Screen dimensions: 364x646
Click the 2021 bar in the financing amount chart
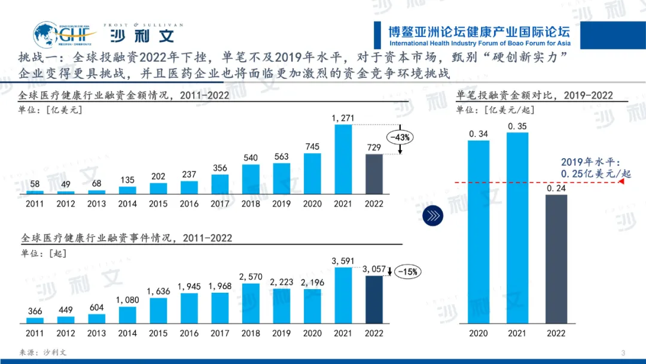coord(343,159)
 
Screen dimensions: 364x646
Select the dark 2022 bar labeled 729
coord(374,174)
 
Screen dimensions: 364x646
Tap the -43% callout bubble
coord(400,137)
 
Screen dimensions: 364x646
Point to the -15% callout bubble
coord(408,271)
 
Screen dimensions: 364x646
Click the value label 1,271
coord(343,119)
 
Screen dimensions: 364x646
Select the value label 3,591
coord(343,261)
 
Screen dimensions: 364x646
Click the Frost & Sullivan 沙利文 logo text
coord(142,35)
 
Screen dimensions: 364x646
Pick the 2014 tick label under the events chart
coord(127,333)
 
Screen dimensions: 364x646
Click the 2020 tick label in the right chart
coord(479,333)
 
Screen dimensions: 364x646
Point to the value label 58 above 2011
coord(35,184)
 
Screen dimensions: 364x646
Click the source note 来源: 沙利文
coord(44,352)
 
